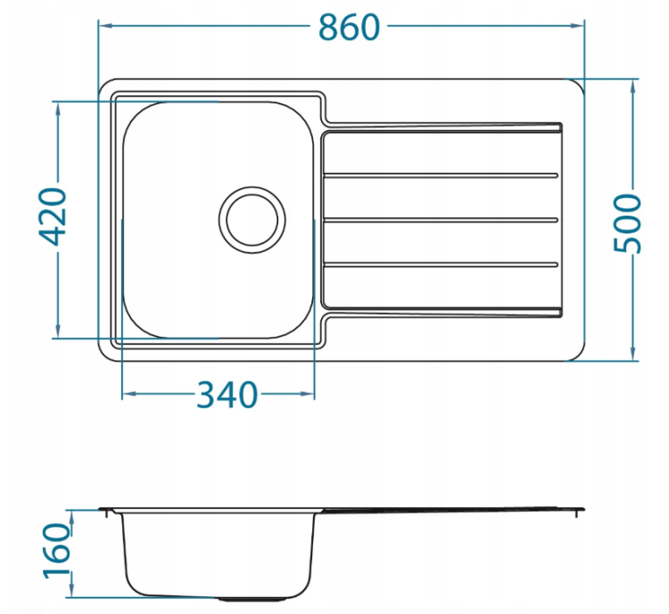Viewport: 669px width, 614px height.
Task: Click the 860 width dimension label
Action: tap(349, 28)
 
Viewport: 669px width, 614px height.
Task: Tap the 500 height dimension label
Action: tap(627, 224)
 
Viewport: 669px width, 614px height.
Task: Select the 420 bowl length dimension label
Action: tap(53, 217)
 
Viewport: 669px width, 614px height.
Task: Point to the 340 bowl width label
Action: tap(227, 395)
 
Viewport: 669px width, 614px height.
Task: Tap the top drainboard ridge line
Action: tap(441, 176)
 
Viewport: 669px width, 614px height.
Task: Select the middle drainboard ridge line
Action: tap(441, 220)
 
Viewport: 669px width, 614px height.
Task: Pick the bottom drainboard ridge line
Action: tap(441, 265)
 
